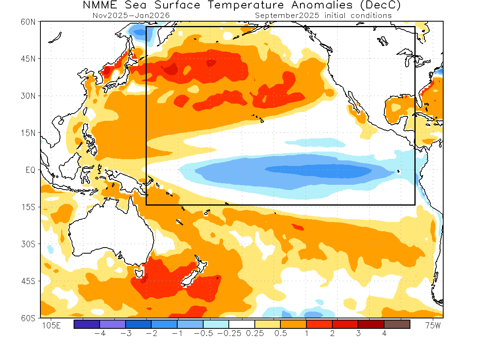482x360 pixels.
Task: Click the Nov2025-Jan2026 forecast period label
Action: [131, 16]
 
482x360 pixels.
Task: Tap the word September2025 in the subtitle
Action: [286, 16]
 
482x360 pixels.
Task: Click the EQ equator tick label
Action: [31, 170]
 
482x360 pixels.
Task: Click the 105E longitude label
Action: [51, 326]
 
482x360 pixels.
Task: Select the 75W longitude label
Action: [432, 326]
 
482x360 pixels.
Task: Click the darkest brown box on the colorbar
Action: [397, 324]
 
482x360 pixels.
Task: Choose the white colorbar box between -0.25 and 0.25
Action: [242, 324]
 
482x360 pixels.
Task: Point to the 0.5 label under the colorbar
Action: [280, 334]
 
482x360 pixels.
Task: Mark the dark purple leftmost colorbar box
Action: [87, 324]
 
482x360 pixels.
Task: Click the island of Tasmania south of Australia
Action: [139, 274]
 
